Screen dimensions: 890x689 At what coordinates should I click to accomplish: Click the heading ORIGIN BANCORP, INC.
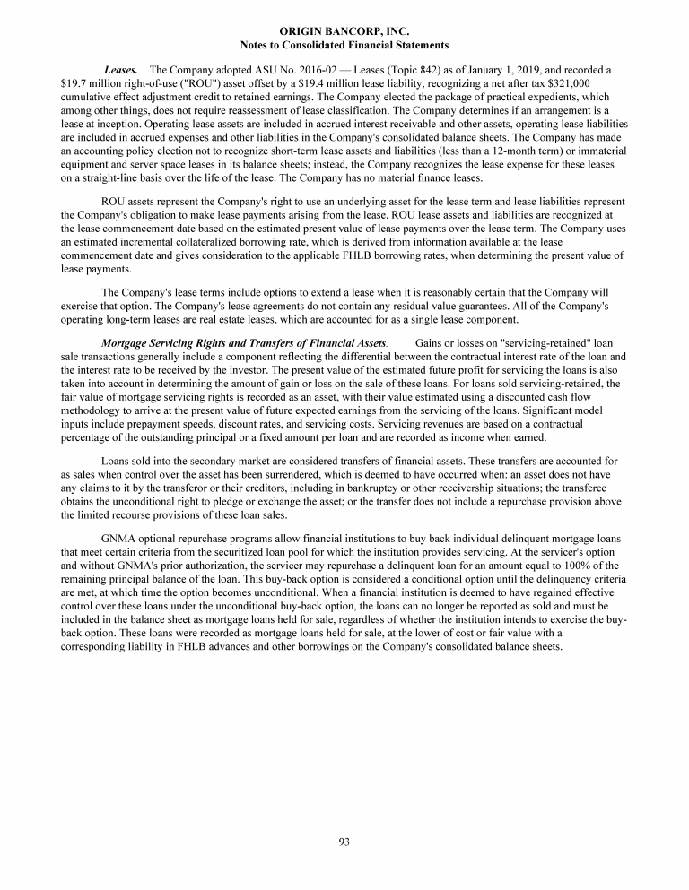[x=344, y=31]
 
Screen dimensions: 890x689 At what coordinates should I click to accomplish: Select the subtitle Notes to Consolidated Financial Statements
[x=344, y=44]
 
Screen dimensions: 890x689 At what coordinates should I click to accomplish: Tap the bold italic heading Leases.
[x=120, y=69]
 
